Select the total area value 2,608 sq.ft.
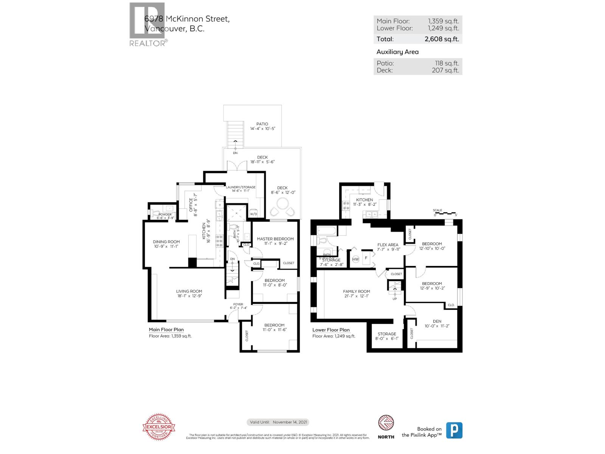pos(442,39)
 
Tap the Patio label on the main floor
pos(262,124)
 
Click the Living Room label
pos(189,291)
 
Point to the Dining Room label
pos(166,242)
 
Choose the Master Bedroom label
pos(275,239)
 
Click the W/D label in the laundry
pos(253,214)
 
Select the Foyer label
pos(238,304)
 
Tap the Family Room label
pos(356,291)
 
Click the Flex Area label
pos(388,245)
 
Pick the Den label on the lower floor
pos(437,321)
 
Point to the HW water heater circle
pos(355,260)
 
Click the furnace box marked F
pos(366,258)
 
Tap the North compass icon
pos(386,424)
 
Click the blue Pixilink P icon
pos(454,431)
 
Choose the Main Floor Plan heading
pos(166,330)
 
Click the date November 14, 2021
pos(290,422)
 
